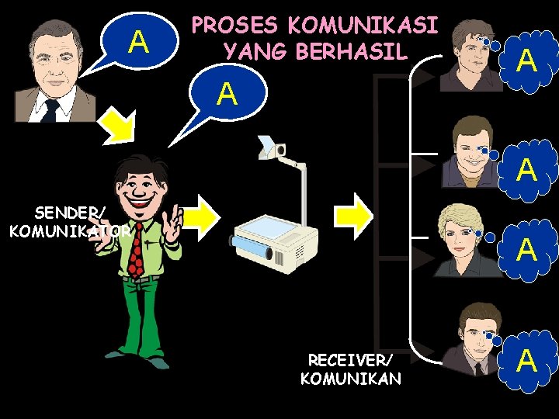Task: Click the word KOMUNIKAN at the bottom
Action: point(351,379)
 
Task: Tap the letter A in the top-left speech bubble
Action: point(139,40)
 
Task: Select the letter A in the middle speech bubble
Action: point(227,94)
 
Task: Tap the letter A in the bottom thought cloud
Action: point(527,360)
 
